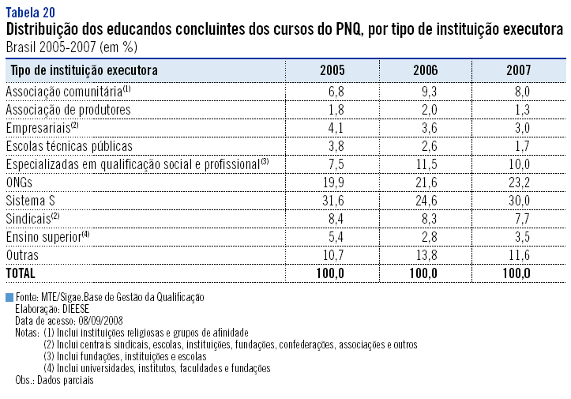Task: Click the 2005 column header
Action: tap(332, 70)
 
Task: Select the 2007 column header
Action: tap(518, 70)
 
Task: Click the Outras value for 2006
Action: tap(425, 255)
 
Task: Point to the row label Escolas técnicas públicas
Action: tap(69, 146)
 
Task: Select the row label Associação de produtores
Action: tap(68, 110)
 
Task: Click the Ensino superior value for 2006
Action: tap(427, 237)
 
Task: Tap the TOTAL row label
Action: tap(22, 273)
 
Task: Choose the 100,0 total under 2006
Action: tap(423, 273)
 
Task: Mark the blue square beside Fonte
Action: tap(9, 298)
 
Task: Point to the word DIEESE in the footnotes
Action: tap(77, 310)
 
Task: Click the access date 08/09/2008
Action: tap(100, 322)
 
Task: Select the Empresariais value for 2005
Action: tap(336, 128)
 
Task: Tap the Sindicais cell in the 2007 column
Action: tap(520, 219)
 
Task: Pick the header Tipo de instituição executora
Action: tap(85, 70)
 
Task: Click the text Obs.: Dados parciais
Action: tap(54, 380)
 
